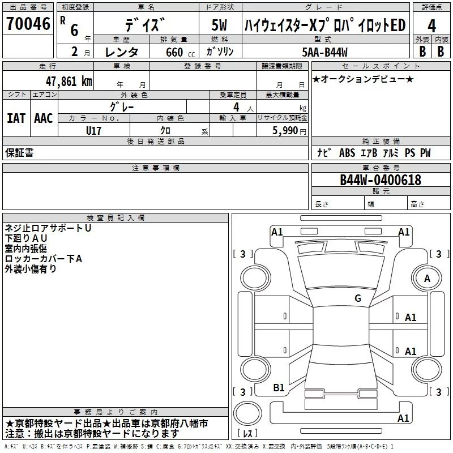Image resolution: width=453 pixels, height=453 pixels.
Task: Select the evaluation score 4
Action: pos(432,25)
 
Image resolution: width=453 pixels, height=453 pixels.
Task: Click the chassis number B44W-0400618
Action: pos(381,180)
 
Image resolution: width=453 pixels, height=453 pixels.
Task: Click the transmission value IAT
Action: pos(16,118)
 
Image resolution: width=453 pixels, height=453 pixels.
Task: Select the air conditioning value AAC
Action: pos(44,118)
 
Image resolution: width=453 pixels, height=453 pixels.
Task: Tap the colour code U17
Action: pos(93,130)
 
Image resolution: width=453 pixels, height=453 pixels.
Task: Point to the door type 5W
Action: pos(219,25)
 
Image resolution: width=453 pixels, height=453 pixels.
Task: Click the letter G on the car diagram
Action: pos(358,298)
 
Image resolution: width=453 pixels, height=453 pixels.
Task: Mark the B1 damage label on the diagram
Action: pos(279,387)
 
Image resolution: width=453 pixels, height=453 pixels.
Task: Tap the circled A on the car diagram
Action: pos(427,278)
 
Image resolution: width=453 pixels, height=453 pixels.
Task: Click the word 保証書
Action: pos(19,152)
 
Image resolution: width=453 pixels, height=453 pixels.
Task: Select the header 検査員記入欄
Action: pos(116,218)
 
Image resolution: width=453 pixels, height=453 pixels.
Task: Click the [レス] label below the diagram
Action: pos(247,433)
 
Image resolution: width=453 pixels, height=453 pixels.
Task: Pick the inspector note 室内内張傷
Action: pos(26,249)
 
